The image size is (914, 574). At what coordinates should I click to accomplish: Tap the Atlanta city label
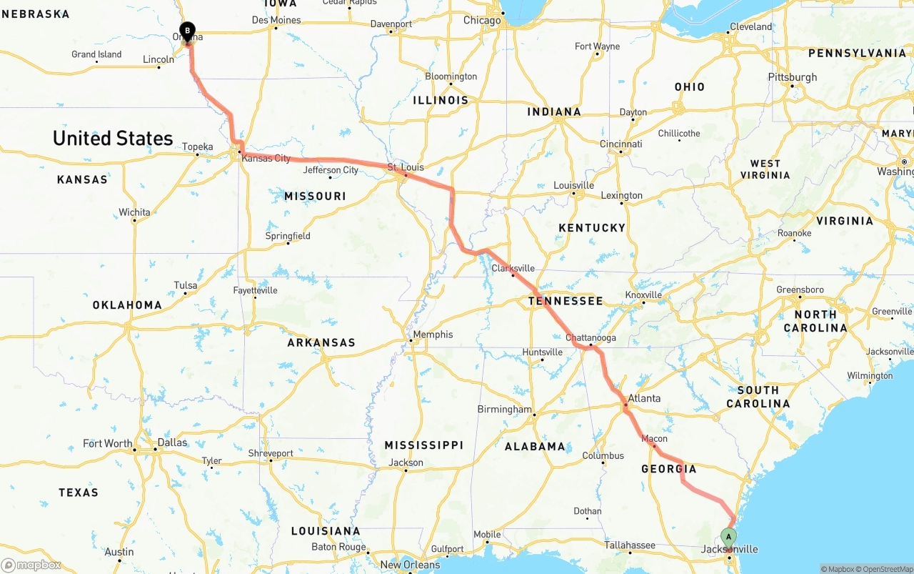point(644,398)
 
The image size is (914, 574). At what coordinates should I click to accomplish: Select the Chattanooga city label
point(591,337)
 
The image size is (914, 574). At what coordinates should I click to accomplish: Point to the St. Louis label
point(406,167)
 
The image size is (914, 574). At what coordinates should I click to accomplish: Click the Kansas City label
point(266,158)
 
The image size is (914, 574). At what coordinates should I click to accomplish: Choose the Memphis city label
point(433,335)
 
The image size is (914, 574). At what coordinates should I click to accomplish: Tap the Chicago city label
point(482,21)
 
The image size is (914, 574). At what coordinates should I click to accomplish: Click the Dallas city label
point(172,442)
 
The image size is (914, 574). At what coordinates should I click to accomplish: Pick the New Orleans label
point(410,565)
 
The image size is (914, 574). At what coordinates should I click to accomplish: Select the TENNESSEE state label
point(566,301)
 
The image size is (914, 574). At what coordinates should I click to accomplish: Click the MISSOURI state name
point(315,196)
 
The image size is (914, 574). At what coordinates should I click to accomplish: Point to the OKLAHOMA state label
point(127,305)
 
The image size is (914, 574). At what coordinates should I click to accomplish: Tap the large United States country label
point(113,138)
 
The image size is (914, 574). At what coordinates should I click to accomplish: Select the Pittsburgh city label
point(793,77)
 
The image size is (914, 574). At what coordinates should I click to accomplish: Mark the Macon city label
point(654,438)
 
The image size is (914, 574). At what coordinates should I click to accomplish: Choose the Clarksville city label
point(513,269)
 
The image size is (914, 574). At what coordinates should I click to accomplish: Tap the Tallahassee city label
point(630,545)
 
